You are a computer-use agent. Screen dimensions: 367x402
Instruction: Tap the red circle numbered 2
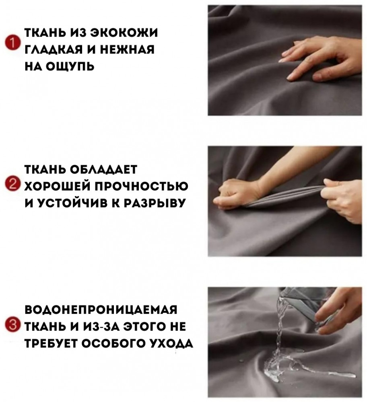click(x=12, y=185)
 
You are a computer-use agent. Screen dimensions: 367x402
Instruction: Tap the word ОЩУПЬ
click(x=70, y=66)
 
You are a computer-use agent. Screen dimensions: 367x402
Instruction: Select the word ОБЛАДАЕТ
click(x=103, y=170)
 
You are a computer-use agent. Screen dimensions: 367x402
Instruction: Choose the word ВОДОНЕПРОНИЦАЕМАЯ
click(x=101, y=310)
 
